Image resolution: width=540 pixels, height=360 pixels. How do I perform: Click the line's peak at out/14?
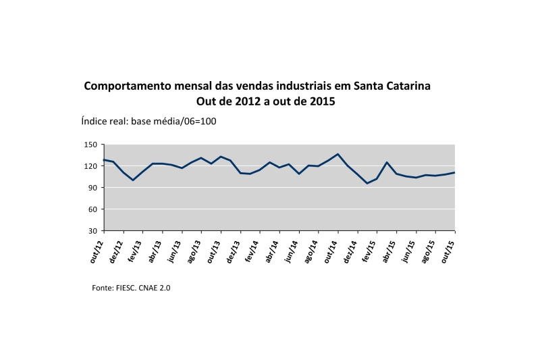[x=337, y=154]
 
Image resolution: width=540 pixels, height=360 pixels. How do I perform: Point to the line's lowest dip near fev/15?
[x=367, y=183]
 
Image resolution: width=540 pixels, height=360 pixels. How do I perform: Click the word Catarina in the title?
[x=406, y=87]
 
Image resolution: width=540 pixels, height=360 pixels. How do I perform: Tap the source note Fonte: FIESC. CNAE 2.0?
[x=131, y=288]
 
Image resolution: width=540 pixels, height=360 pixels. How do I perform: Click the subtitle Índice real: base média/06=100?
[x=148, y=122]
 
